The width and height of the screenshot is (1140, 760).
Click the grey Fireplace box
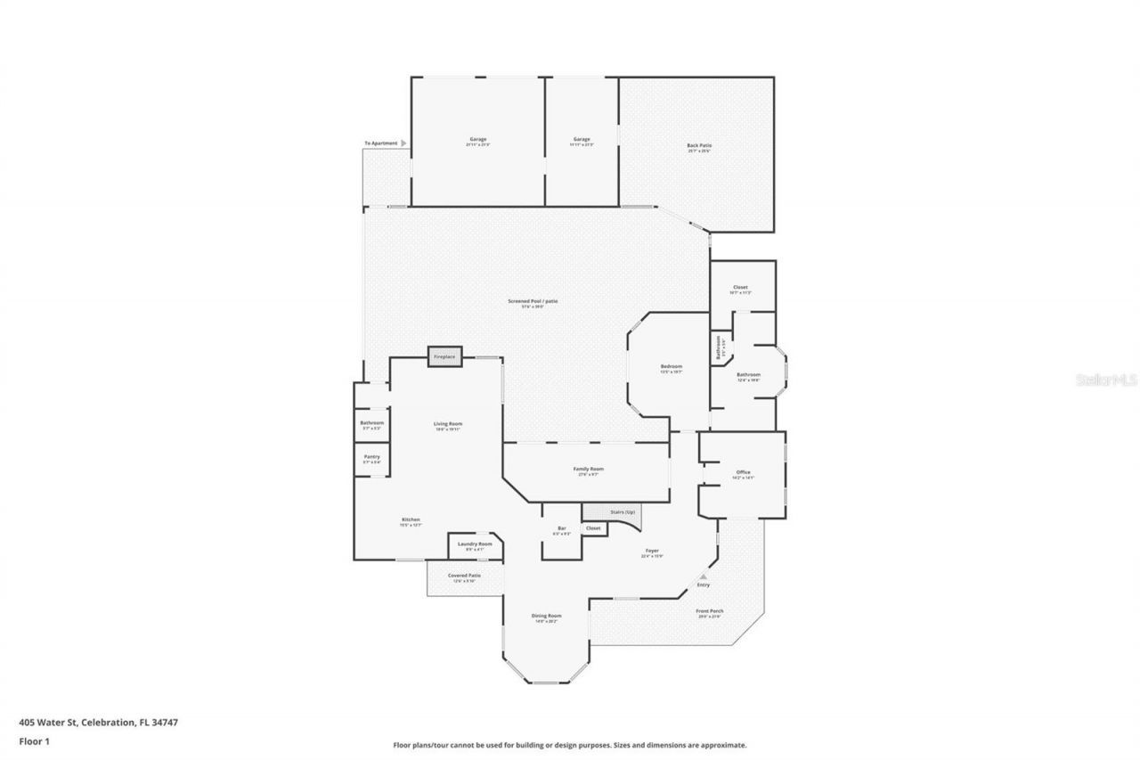pyautogui.click(x=444, y=356)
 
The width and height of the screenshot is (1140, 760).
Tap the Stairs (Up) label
pyautogui.click(x=623, y=512)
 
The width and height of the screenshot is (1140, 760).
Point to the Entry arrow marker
pyautogui.click(x=703, y=576)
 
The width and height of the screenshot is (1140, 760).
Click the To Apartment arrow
pyautogui.click(x=403, y=143)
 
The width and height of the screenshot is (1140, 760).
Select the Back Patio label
pyautogui.click(x=699, y=145)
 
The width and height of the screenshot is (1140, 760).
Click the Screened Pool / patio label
pyautogui.click(x=533, y=301)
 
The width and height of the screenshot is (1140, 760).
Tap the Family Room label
pyautogui.click(x=588, y=469)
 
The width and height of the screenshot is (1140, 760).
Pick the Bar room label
pyautogui.click(x=561, y=528)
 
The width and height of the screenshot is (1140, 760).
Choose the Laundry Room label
pyautogui.click(x=475, y=543)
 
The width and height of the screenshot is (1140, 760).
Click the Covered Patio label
pyautogui.click(x=464, y=576)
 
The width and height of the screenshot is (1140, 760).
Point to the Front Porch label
pyautogui.click(x=710, y=611)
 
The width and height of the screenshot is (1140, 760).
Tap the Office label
pyautogui.click(x=743, y=472)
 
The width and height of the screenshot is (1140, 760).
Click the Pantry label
pyautogui.click(x=371, y=457)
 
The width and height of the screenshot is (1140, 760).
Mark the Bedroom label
pyautogui.click(x=671, y=367)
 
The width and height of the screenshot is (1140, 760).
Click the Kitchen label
pyautogui.click(x=410, y=519)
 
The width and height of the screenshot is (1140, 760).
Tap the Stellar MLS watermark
pyautogui.click(x=1107, y=380)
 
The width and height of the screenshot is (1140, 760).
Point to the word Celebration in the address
pyautogui.click(x=109, y=723)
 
